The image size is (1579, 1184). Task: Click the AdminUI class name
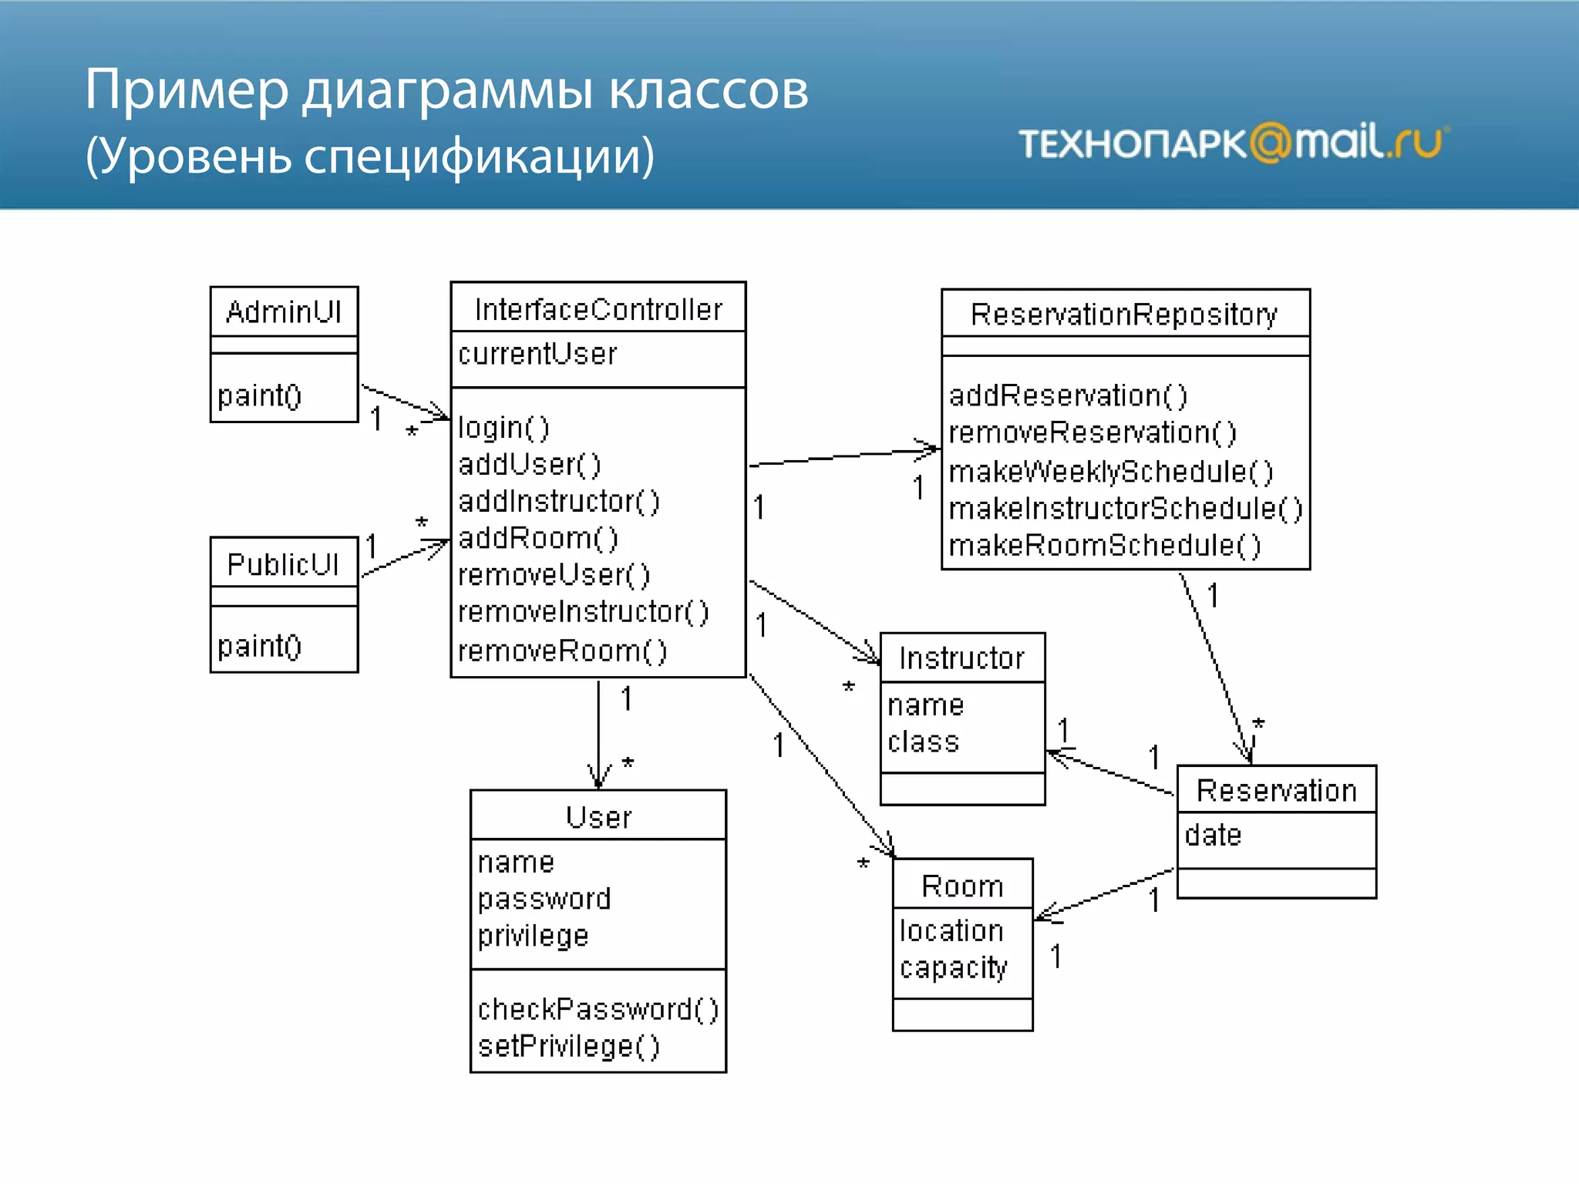(x=284, y=312)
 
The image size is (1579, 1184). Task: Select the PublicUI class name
(x=283, y=564)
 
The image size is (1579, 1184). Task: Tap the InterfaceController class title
(x=598, y=310)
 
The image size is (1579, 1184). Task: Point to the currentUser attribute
(x=537, y=354)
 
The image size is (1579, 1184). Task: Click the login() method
(x=503, y=428)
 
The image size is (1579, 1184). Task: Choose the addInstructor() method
(x=559, y=502)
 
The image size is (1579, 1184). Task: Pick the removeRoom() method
(x=562, y=651)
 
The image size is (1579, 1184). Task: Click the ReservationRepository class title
(x=1124, y=314)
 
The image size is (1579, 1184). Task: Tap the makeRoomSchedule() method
(x=1104, y=546)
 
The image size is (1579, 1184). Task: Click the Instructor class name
(x=961, y=658)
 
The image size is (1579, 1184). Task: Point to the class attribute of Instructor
(x=923, y=742)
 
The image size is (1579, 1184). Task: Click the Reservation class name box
(x=1276, y=791)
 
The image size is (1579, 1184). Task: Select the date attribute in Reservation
(x=1213, y=835)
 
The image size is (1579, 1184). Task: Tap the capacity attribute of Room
(x=953, y=968)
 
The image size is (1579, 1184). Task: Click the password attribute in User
(x=544, y=899)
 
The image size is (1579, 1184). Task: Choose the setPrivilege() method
(x=569, y=1046)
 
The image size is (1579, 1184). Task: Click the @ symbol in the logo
(x=1270, y=143)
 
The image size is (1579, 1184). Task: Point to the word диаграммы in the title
(x=447, y=91)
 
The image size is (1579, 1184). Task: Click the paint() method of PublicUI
(x=259, y=646)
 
